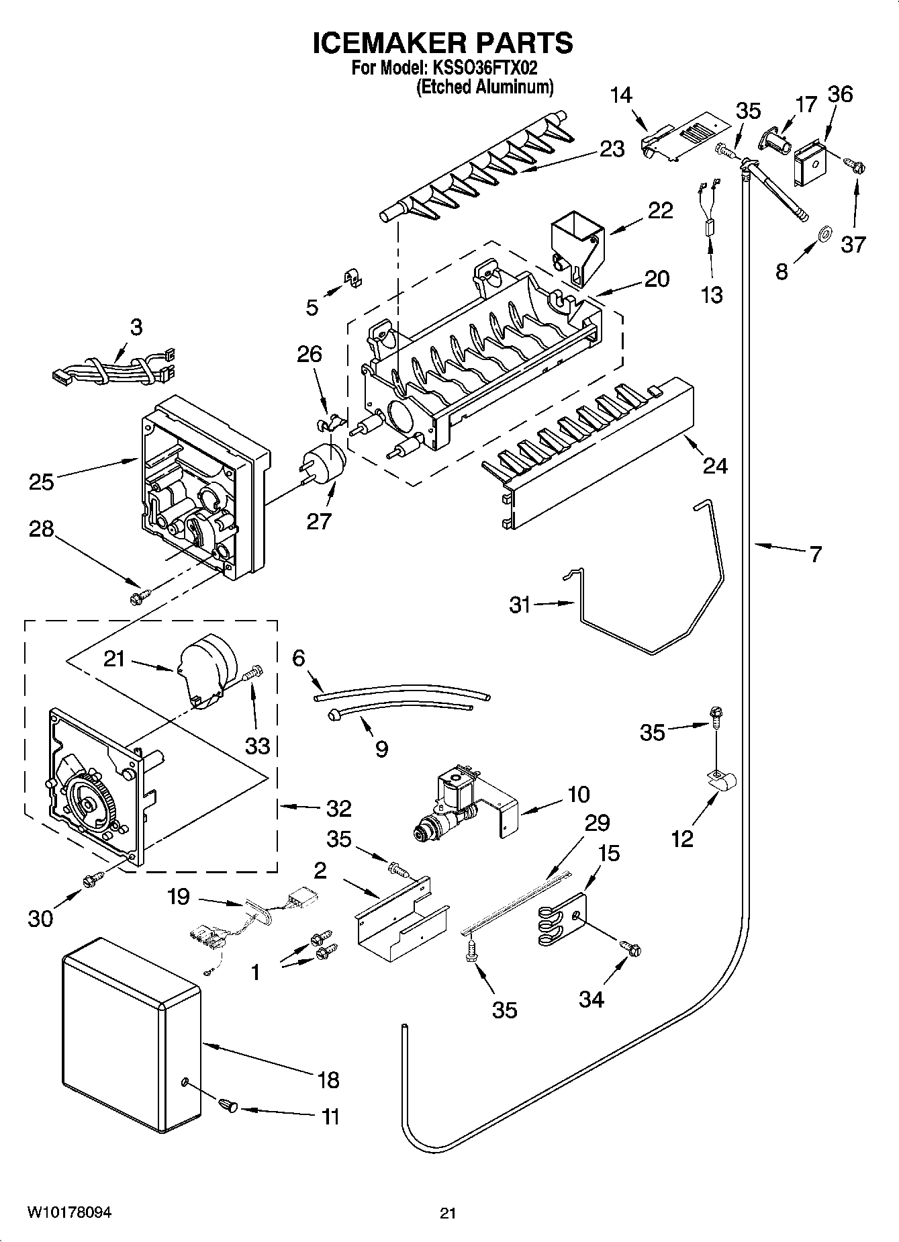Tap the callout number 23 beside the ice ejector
(x=612, y=149)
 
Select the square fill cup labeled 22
(x=576, y=244)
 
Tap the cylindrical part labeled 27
(x=325, y=462)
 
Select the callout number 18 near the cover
(x=328, y=1080)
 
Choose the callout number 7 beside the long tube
(x=815, y=555)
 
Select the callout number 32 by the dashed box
(x=338, y=808)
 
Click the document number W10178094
(x=69, y=1212)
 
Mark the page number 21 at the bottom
(x=448, y=1213)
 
